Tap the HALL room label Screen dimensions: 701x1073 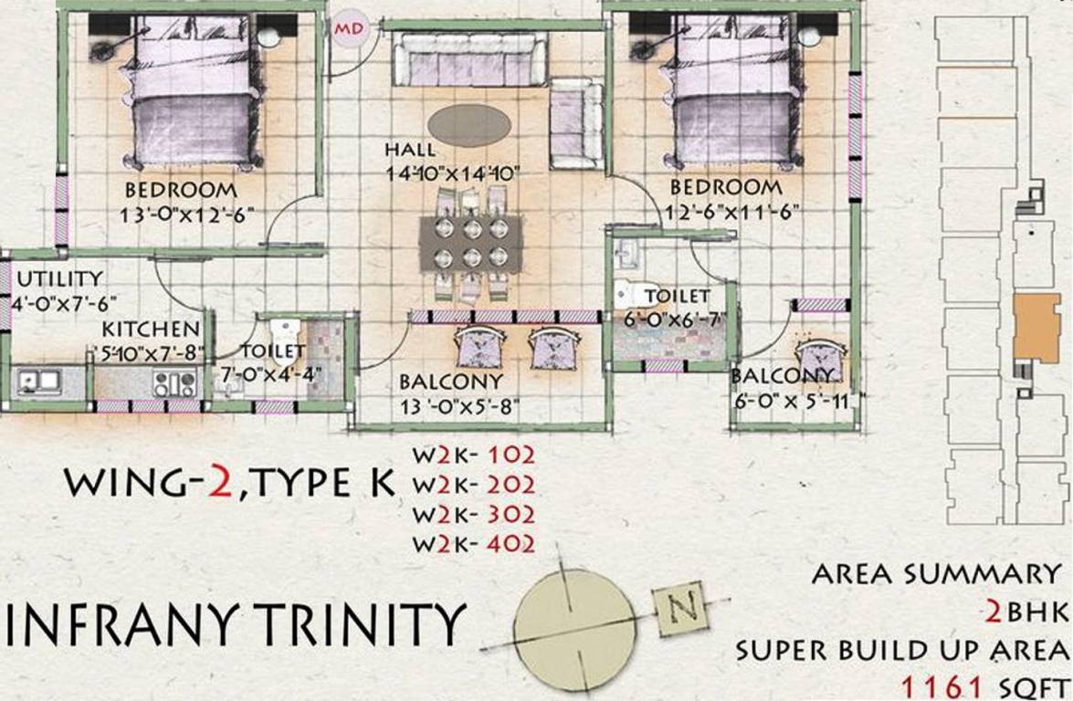pyautogui.click(x=410, y=150)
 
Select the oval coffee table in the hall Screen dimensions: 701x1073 pyautogui.click(x=469, y=125)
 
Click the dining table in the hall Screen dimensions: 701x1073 pyautogui.click(x=470, y=243)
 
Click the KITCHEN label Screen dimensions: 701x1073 pyautogui.click(x=151, y=329)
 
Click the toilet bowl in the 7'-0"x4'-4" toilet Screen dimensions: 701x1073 pyautogui.click(x=284, y=330)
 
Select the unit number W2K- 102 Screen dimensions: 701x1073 pyautogui.click(x=473, y=454)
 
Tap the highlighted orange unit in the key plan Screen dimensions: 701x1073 pyautogui.click(x=1036, y=327)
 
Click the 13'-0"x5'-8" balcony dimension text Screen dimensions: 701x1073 pyautogui.click(x=459, y=407)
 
